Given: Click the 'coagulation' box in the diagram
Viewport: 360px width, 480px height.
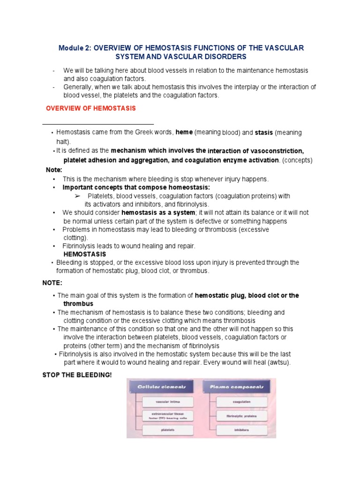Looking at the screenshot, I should [x=242, y=402].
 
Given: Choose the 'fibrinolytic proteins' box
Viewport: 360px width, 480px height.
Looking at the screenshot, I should [x=242, y=416].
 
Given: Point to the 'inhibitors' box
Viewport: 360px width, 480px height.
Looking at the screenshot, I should [x=242, y=430].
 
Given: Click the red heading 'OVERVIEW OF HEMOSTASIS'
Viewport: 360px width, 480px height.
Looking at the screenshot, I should [x=90, y=108].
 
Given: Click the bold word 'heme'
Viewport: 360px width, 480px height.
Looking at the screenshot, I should [x=184, y=133].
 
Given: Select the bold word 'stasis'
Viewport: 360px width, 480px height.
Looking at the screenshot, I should [x=263, y=133].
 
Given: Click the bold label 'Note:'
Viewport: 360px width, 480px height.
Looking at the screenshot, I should [x=54, y=170].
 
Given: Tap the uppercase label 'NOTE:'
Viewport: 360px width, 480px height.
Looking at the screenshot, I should [x=52, y=283].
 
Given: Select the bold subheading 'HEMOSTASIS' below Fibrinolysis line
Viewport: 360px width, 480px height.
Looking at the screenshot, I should [x=85, y=254].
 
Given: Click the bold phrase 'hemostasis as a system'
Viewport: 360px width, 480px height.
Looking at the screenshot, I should [x=158, y=212].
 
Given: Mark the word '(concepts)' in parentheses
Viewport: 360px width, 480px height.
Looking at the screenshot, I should [x=297, y=160].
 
